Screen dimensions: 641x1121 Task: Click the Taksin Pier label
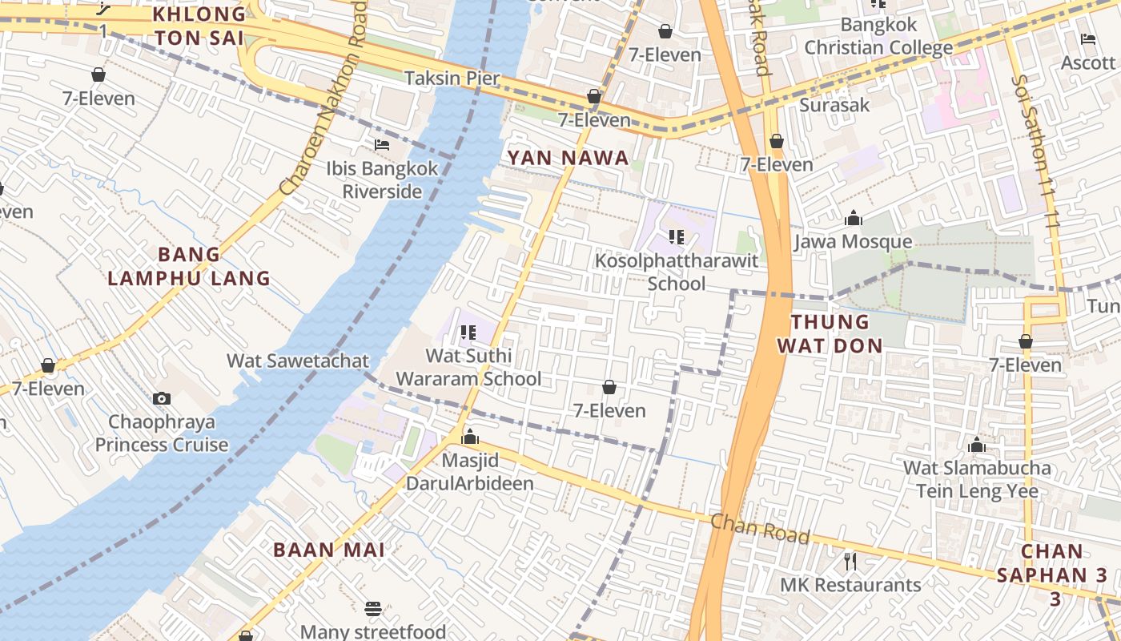[x=452, y=79]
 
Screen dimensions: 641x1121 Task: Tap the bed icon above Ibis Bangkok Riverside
[x=382, y=145]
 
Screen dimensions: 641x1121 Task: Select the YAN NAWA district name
[x=568, y=158]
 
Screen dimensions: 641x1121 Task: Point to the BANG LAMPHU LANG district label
[x=189, y=267]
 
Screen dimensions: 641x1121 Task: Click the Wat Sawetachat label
[x=298, y=361]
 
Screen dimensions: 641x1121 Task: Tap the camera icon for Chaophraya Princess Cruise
[x=162, y=398]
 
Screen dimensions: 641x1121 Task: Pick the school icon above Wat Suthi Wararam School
[x=468, y=332]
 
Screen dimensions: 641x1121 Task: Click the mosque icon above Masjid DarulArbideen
[x=470, y=437]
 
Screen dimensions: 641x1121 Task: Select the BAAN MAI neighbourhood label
[x=329, y=550]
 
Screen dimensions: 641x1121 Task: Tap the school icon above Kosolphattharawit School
[x=677, y=237]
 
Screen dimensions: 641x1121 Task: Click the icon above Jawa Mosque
[x=854, y=218]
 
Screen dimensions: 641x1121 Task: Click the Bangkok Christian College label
[x=878, y=36]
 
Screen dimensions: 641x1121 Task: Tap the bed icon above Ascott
[x=1087, y=38]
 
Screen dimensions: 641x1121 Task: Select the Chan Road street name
[x=760, y=530]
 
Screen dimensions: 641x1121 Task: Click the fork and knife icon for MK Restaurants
[x=850, y=561]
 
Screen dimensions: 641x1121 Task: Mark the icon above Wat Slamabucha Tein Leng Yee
[x=976, y=445]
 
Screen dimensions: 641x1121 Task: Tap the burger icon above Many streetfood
[x=373, y=609]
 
